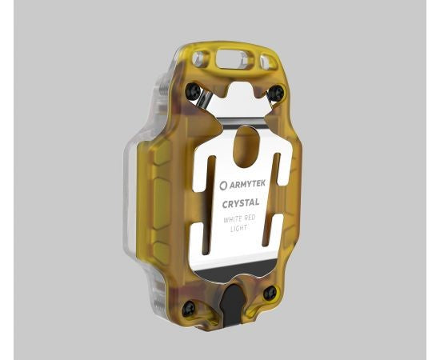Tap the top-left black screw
click(x=192, y=92)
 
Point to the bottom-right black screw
click(x=270, y=293)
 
